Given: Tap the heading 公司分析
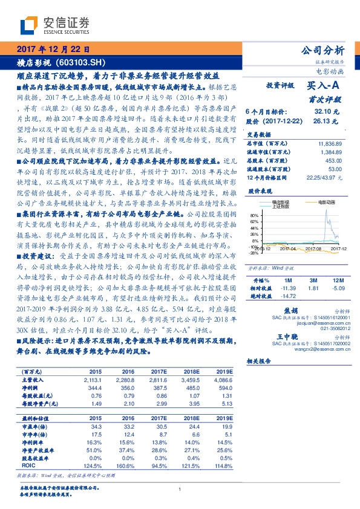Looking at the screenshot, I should (326, 50).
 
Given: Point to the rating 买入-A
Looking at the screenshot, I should (324, 86).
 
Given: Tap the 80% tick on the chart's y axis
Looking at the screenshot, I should (254, 215).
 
